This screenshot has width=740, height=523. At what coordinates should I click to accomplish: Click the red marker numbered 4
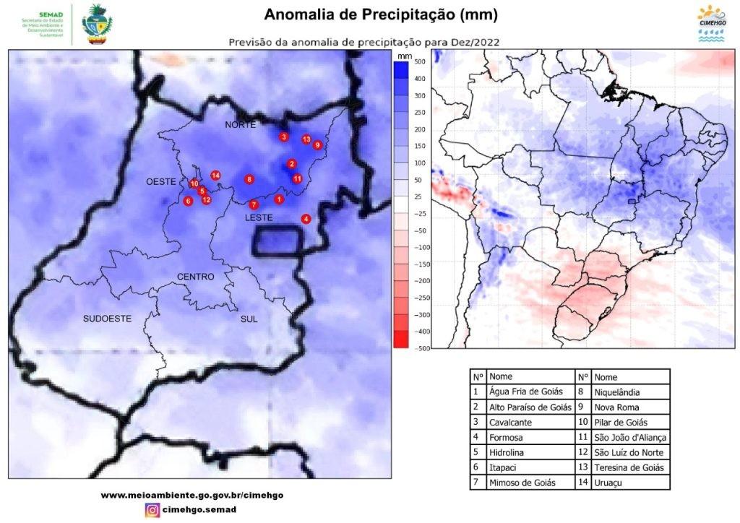click(x=306, y=219)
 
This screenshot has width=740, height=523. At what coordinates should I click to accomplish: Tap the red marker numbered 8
click(x=249, y=179)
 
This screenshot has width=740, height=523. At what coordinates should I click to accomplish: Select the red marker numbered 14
click(x=215, y=176)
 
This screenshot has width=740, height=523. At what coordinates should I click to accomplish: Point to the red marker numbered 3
click(x=284, y=137)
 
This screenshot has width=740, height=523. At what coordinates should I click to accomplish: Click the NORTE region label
click(x=241, y=125)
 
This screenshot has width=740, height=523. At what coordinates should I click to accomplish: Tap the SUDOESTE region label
click(x=107, y=318)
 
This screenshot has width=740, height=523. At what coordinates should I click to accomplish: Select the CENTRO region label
click(x=195, y=277)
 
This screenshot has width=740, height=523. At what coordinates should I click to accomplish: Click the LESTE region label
click(x=258, y=217)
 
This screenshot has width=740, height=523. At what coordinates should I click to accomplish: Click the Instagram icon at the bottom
click(x=152, y=510)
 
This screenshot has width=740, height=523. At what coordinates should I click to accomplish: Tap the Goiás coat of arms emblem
click(x=97, y=24)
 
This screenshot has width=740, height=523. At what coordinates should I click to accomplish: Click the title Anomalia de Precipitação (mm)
click(x=380, y=15)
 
